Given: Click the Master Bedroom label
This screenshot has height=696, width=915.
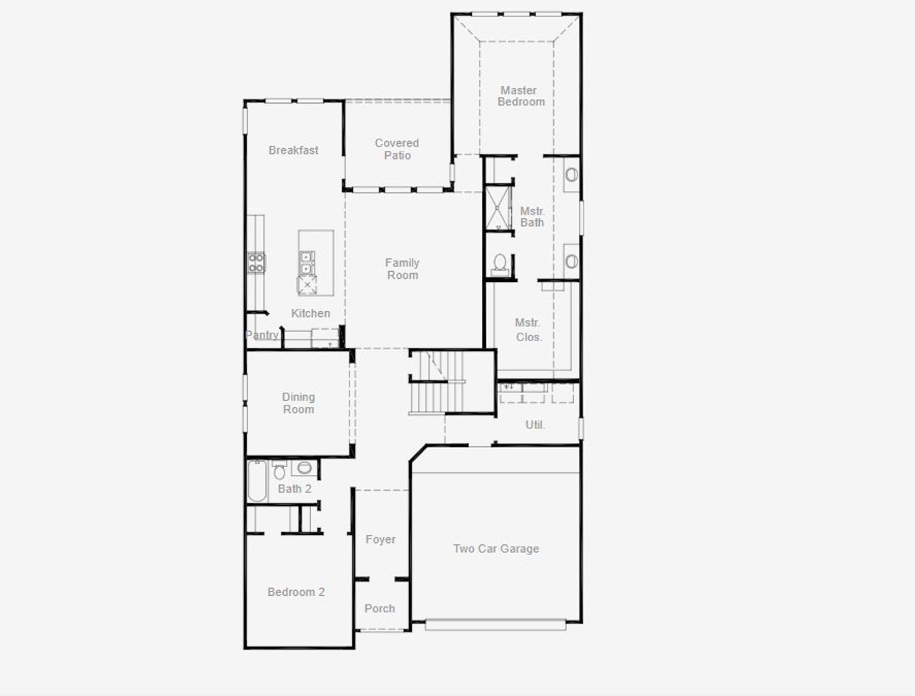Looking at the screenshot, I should pyautogui.click(x=520, y=96).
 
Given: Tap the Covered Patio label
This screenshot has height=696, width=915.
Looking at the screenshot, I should pyautogui.click(x=397, y=149).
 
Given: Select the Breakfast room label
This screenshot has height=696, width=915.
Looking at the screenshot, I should pyautogui.click(x=293, y=150).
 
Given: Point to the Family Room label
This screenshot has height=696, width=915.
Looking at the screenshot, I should pyautogui.click(x=402, y=269).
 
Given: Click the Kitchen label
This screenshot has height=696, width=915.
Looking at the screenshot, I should pyautogui.click(x=310, y=313).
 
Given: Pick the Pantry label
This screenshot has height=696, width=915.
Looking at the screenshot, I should pyautogui.click(x=262, y=335).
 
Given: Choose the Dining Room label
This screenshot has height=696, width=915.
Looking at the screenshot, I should pyautogui.click(x=298, y=403).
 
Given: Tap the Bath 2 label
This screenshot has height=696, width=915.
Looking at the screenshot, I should pyautogui.click(x=295, y=489).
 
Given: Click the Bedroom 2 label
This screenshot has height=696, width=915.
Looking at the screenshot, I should pyautogui.click(x=296, y=592).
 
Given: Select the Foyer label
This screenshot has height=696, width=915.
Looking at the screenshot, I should pyautogui.click(x=380, y=539).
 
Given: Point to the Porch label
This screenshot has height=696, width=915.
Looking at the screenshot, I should pyautogui.click(x=380, y=609).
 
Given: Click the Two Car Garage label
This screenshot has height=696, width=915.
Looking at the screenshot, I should pyautogui.click(x=496, y=549).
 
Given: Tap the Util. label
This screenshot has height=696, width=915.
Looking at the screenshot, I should pyautogui.click(x=535, y=425).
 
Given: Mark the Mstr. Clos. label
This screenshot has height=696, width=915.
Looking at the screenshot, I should pyautogui.click(x=528, y=330).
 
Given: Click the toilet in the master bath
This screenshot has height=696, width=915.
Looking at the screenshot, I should pyautogui.click(x=500, y=263).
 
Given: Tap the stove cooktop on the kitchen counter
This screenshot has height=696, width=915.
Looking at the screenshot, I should pyautogui.click(x=256, y=262).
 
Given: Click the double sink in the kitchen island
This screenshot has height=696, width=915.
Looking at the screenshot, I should pyautogui.click(x=306, y=263).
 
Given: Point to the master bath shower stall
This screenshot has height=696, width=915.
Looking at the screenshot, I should pyautogui.click(x=498, y=208).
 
